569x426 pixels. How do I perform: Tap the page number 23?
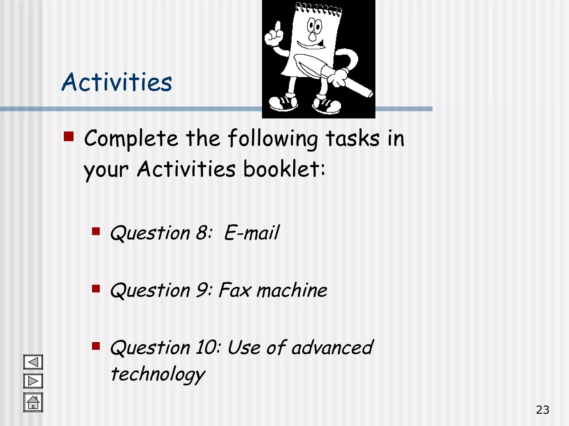[x=543, y=410]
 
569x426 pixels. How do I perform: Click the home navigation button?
[x=33, y=402]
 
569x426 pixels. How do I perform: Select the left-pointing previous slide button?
[x=33, y=362]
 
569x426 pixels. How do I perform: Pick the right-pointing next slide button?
[x=33, y=381]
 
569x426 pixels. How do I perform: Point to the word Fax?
[x=234, y=290]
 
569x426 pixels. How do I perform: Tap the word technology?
[x=158, y=374]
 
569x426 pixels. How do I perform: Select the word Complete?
[x=131, y=138]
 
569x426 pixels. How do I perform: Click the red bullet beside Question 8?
[x=96, y=231]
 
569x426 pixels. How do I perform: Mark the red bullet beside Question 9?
[x=96, y=289]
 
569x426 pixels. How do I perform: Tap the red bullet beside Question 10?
[x=96, y=346]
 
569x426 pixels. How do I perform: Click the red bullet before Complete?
[x=69, y=136]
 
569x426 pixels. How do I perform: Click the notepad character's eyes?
[x=314, y=26]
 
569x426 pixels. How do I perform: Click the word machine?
[x=292, y=290]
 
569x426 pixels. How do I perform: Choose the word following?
[x=273, y=138]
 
